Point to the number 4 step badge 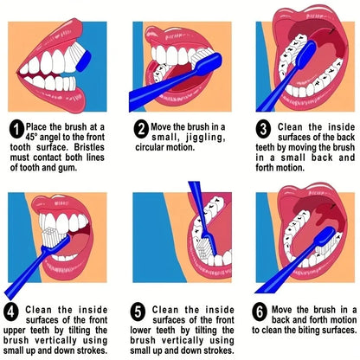coord(11,312)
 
